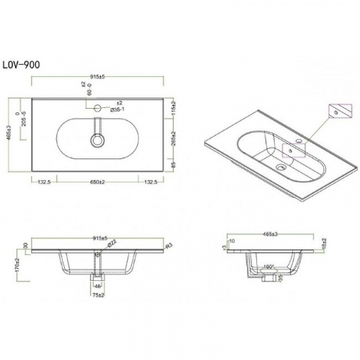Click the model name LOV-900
pos(24,64)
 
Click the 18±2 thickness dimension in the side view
pos(325,246)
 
